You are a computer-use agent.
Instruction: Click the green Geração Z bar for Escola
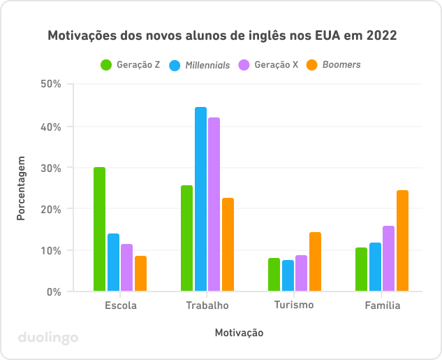99,229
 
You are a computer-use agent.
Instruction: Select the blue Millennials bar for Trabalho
200,199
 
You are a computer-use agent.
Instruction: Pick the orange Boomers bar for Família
402,240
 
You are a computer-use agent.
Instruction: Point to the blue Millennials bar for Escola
113,262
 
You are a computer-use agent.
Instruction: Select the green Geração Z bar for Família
361,269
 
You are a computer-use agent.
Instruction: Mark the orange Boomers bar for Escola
140,273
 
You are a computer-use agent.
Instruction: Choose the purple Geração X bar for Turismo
301,273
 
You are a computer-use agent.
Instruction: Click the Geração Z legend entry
131,65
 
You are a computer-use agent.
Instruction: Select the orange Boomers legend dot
313,65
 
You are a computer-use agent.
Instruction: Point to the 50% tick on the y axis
52,84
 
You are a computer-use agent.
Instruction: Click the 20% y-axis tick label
52,209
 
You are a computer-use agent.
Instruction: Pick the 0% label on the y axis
54,291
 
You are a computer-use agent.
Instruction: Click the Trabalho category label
207,305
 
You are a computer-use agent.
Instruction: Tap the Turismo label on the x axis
294,305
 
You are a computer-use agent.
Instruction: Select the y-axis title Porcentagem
21,188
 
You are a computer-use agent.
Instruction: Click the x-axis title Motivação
239,333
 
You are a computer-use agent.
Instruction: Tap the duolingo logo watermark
47,338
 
